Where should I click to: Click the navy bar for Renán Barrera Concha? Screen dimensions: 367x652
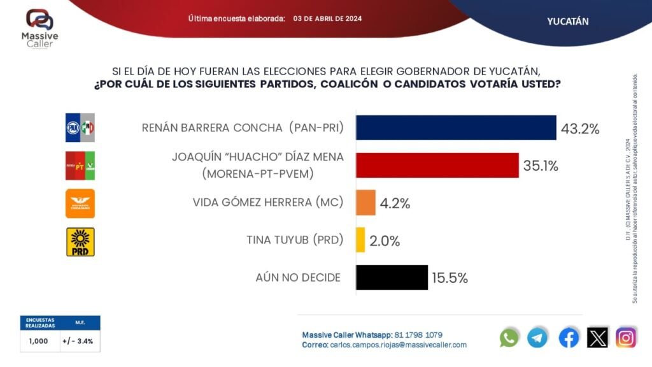click(456, 127)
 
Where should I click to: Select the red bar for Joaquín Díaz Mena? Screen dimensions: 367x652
click(437, 165)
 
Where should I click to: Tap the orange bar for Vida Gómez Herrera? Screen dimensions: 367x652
click(366, 203)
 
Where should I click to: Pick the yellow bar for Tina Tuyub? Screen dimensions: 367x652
click(360, 240)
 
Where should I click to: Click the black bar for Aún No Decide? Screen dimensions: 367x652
click(392, 277)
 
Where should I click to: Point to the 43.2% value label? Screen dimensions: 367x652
click(580, 129)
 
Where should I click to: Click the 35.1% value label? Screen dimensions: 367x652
click(541, 166)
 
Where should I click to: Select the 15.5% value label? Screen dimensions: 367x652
click(450, 278)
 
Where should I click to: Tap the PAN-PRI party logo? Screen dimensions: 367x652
click(80, 128)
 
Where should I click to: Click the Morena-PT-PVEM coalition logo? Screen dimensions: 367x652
click(80, 166)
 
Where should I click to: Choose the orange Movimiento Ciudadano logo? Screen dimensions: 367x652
click(80, 203)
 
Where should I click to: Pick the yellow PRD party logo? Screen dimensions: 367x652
click(80, 241)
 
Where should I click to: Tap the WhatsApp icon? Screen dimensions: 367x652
click(509, 337)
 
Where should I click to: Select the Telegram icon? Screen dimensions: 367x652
click(537, 337)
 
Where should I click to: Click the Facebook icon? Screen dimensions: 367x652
click(569, 337)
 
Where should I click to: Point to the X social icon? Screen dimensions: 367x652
click(597, 337)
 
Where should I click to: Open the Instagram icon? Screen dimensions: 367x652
click(626, 337)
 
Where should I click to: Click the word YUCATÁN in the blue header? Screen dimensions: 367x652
click(567, 21)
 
